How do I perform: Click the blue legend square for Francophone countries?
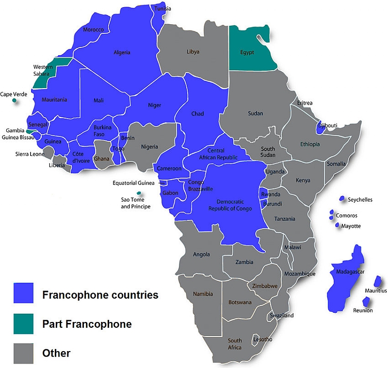(23, 293)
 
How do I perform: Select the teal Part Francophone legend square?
(23, 323)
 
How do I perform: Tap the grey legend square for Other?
(23, 353)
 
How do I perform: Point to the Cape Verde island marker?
(15, 101)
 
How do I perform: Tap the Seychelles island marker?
(342, 199)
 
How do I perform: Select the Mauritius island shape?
(378, 281)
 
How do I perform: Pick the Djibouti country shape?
(320, 128)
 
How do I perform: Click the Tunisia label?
(163, 8)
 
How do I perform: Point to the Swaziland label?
(282, 315)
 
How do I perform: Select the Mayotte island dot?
(337, 225)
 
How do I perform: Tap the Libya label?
(193, 51)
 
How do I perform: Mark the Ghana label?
(101, 158)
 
